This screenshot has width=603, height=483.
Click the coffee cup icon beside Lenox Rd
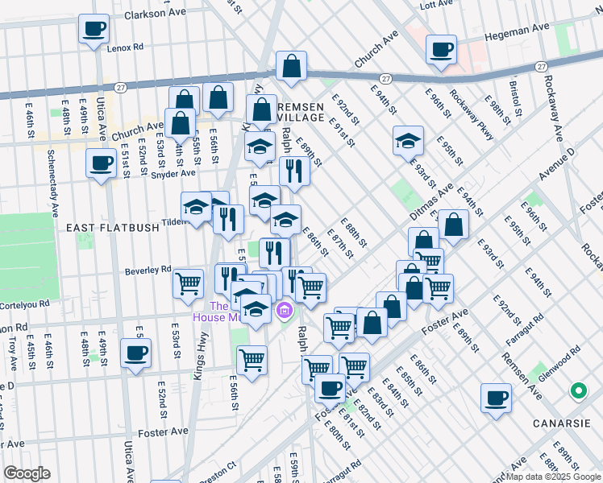(93, 30)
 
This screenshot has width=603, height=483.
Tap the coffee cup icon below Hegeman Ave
(441, 49)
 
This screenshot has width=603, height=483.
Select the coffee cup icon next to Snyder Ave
(101, 163)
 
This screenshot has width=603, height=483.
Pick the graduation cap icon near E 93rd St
(409, 141)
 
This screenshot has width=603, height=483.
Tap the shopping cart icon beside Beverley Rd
(188, 283)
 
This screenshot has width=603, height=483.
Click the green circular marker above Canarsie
(577, 392)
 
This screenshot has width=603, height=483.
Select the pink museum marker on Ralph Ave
(283, 310)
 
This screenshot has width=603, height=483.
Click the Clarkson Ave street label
(156, 13)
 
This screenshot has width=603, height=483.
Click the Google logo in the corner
(26, 473)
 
